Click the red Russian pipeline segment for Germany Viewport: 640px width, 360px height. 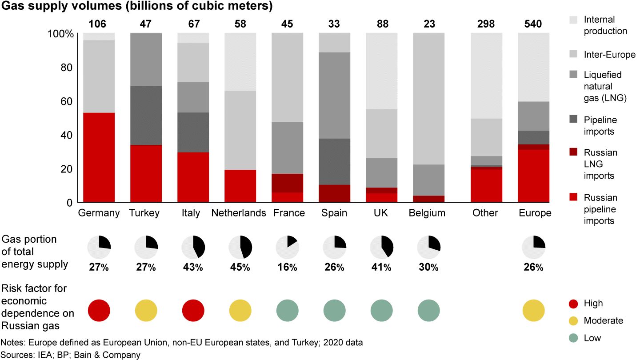[99, 157]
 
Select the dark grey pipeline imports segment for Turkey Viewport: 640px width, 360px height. [146, 115]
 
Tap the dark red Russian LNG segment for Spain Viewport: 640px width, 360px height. [335, 193]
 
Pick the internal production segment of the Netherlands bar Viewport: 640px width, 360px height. [240, 62]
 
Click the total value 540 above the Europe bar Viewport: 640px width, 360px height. [533, 24]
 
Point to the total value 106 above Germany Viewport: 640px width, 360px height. [99, 24]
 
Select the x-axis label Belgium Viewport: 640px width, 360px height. [427, 213]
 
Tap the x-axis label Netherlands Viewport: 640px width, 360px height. [239, 213]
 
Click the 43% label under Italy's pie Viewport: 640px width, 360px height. [193, 267]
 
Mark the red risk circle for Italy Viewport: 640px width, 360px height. [193, 310]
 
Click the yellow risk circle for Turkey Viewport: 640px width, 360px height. [146, 310]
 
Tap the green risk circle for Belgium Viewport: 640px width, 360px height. [429, 310]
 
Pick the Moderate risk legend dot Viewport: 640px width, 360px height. [574, 320]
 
